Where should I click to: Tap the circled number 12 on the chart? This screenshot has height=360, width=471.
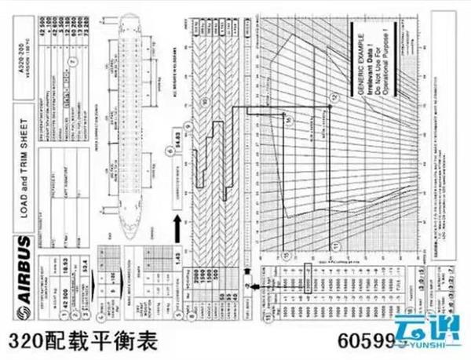tap(332, 96)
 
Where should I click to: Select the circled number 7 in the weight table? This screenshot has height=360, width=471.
tap(73, 59)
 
